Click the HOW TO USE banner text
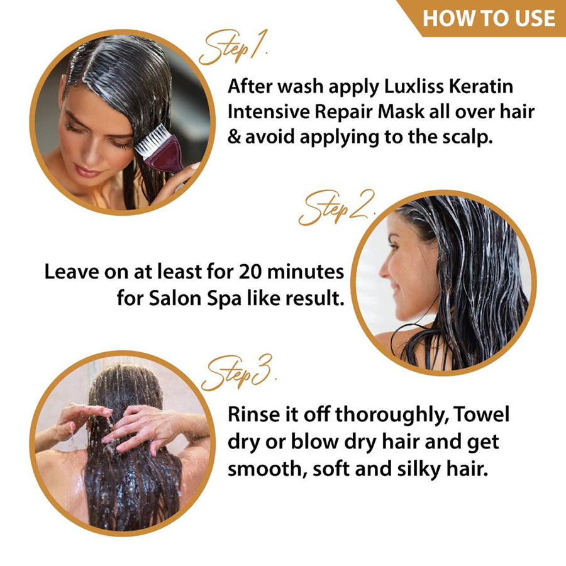click(x=489, y=18)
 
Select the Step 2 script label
click(x=336, y=208)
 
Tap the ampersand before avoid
click(x=235, y=137)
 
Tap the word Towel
click(x=482, y=414)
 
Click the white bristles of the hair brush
click(x=151, y=140)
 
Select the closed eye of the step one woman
click(x=75, y=128)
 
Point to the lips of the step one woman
click(x=86, y=170)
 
